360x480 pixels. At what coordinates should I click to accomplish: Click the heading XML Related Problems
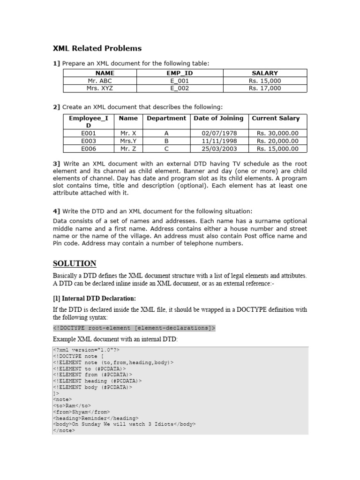tap(97, 48)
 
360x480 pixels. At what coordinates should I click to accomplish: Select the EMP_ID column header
tap(180, 73)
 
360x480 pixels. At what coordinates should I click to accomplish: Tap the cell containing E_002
tap(180, 88)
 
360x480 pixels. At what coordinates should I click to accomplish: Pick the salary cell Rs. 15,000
tap(265, 81)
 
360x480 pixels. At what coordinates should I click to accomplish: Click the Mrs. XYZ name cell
tap(100, 88)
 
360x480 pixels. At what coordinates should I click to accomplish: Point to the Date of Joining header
tap(218, 118)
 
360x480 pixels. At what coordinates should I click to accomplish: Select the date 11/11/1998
tap(218, 141)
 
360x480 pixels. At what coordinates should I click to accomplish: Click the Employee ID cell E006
tap(89, 149)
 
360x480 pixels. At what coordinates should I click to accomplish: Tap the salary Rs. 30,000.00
tap(277, 133)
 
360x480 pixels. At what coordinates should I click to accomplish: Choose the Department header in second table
tap(166, 118)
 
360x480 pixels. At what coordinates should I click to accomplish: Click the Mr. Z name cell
tap(128, 149)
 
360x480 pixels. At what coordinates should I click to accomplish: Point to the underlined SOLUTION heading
tap(75, 263)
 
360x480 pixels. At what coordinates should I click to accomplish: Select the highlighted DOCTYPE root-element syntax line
tap(134, 328)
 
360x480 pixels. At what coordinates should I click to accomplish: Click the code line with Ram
tap(72, 405)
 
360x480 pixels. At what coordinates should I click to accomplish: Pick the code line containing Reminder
tap(96, 418)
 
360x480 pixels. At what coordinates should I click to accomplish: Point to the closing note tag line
tap(61, 430)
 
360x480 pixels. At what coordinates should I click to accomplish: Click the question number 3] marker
tap(57, 164)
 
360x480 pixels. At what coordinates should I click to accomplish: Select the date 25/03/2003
tap(218, 149)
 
